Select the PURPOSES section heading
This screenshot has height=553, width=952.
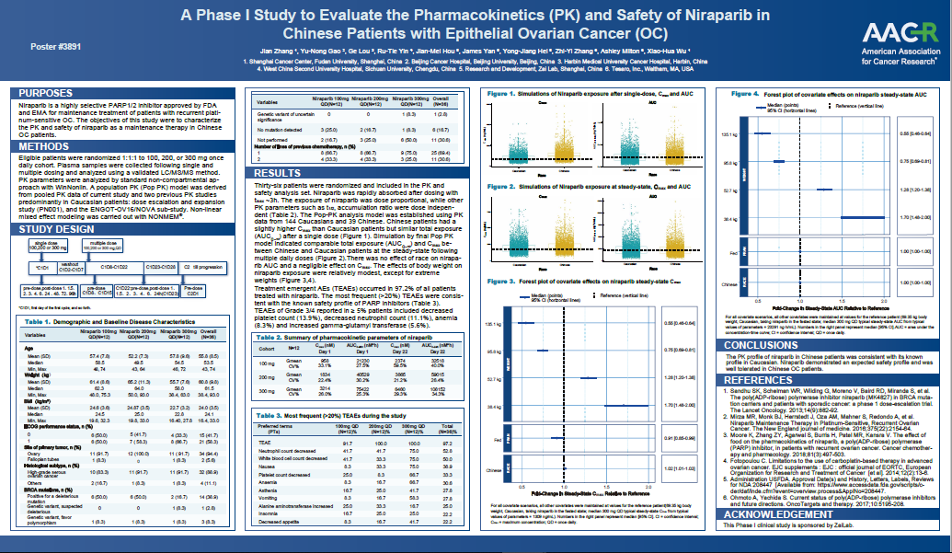tap(49, 93)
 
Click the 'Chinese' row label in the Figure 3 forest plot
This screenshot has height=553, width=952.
tap(494, 467)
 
